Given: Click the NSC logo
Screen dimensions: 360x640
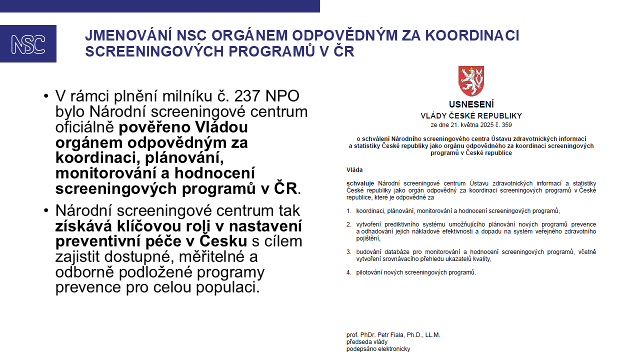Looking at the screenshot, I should (28, 44).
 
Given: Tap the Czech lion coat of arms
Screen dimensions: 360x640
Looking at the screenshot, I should (471, 81).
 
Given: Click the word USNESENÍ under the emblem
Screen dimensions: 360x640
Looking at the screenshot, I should (471, 105).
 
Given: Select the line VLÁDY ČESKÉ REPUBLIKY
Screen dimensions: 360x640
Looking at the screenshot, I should (471, 116).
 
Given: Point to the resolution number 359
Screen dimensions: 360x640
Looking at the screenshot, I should (506, 125).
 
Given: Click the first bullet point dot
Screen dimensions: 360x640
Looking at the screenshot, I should (46, 95).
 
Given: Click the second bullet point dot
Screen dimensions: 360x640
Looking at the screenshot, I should (46, 210).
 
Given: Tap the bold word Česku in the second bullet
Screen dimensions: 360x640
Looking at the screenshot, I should (223, 241).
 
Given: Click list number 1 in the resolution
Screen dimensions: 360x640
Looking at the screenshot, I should (349, 211).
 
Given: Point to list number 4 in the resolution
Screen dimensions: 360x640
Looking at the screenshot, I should (349, 272).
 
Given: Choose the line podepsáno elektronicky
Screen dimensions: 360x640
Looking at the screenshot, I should (378, 349).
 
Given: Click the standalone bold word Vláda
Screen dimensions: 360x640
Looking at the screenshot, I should (354, 170).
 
